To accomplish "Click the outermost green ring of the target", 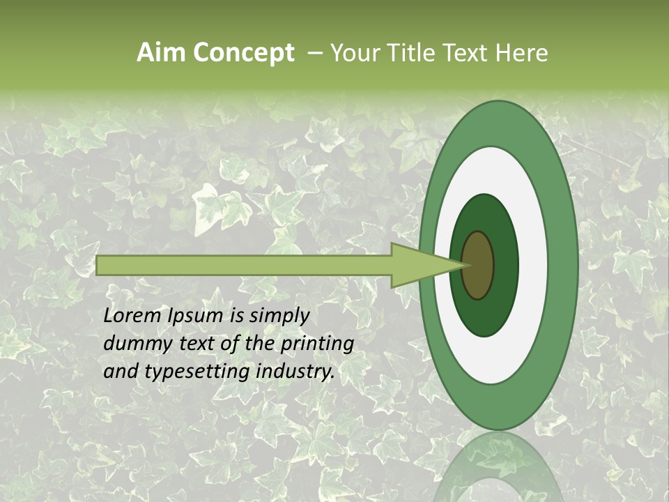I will click(x=561, y=265).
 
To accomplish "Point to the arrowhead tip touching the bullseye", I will click(x=466, y=265).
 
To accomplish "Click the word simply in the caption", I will click(x=279, y=316).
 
